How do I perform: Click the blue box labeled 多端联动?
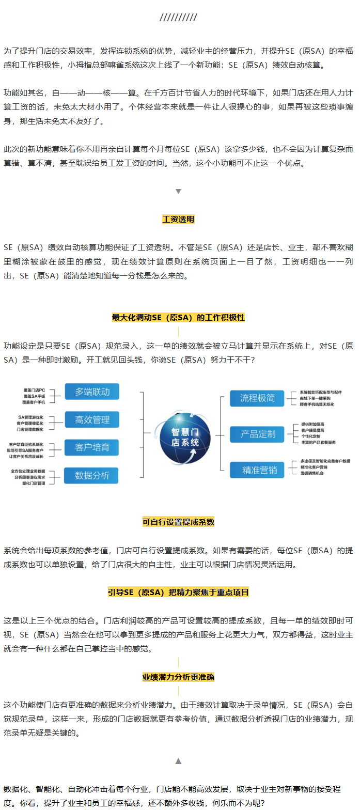click(x=92, y=392)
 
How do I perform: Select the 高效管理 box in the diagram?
click(x=92, y=419)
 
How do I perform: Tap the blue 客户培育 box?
click(x=92, y=447)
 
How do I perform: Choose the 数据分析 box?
click(x=92, y=475)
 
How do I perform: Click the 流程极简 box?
click(x=258, y=398)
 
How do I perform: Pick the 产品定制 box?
click(x=258, y=434)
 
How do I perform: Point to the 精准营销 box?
click(x=258, y=470)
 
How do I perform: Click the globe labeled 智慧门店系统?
click(x=185, y=437)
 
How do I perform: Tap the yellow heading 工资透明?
click(x=178, y=219)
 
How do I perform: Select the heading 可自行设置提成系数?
click(x=178, y=522)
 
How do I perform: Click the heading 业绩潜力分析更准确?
click(x=178, y=677)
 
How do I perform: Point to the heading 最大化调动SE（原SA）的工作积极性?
click(x=178, y=317)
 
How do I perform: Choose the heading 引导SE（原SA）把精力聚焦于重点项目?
click(x=178, y=592)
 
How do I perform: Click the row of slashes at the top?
click(x=178, y=18)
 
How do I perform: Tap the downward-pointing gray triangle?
click(x=178, y=191)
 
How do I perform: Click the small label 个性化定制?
click(x=311, y=436)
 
